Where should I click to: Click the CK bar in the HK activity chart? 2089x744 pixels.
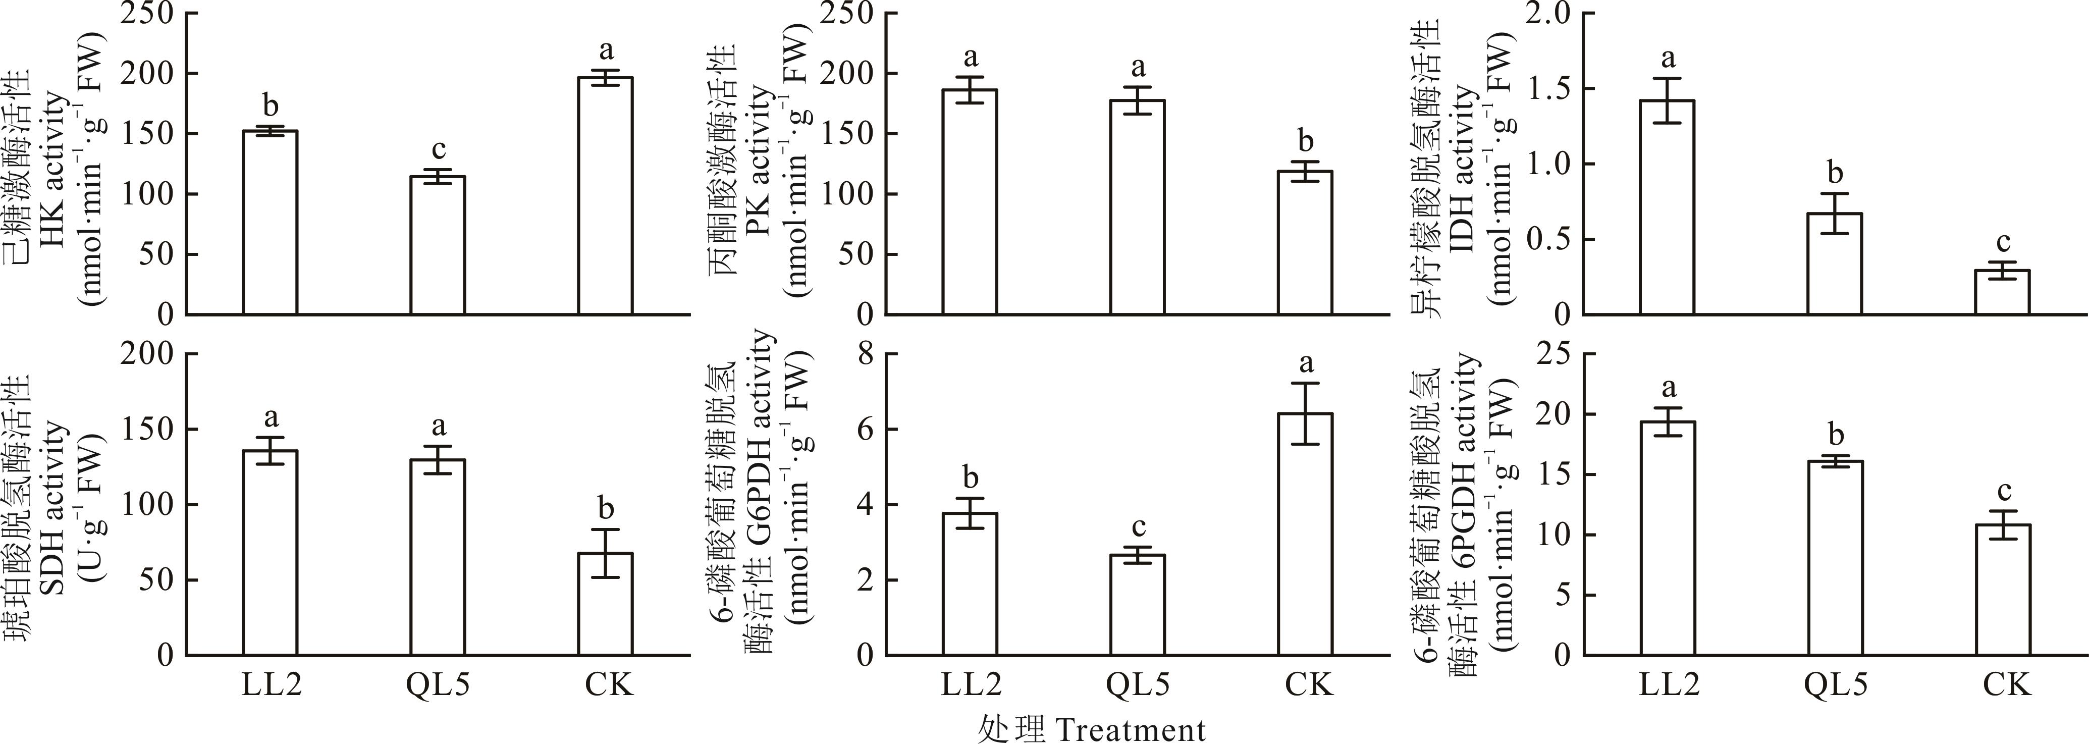[605, 196]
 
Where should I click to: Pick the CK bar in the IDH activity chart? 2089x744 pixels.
[2001, 292]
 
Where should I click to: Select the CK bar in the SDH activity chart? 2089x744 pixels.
[605, 605]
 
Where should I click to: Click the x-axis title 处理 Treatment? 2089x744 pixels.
[1091, 728]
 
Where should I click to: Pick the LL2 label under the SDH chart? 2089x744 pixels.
[271, 685]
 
